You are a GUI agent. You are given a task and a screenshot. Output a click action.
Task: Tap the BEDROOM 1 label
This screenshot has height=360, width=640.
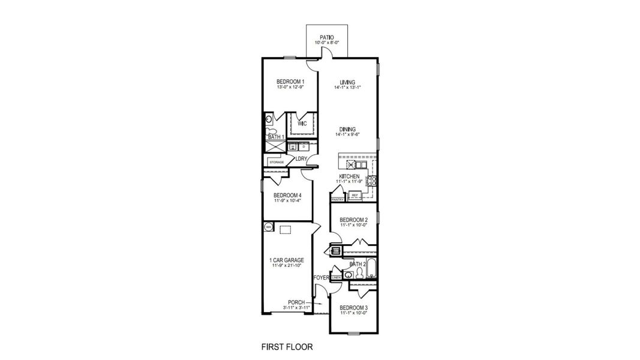290,82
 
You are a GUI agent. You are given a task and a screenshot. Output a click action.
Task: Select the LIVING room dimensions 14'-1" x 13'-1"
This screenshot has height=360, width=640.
347,88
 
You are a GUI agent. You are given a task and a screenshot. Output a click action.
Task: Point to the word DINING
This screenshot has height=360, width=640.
347,129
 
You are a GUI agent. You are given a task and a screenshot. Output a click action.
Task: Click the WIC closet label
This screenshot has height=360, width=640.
302,124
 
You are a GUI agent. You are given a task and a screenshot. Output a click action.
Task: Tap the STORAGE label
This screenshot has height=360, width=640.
277,162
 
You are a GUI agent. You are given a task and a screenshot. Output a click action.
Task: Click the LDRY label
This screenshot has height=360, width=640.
301,159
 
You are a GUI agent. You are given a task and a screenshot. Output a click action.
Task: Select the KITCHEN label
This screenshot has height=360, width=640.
349,176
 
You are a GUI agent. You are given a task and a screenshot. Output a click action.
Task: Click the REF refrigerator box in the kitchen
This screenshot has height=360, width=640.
354,196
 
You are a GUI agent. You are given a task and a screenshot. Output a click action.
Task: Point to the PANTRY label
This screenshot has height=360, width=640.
337,199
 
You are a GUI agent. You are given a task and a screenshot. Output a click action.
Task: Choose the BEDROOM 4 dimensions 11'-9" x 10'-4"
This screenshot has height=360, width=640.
287,200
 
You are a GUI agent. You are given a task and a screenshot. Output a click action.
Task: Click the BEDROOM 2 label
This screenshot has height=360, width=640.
353,220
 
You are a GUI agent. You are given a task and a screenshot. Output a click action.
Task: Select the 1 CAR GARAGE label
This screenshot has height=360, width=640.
287,260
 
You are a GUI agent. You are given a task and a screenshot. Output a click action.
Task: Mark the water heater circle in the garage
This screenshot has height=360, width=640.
268,227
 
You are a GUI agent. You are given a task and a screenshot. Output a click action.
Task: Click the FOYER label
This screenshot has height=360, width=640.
321,278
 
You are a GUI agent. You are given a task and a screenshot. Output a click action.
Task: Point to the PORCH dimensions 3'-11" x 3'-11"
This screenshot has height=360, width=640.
296,308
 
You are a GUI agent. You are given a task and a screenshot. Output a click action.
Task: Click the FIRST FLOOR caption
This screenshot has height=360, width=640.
287,347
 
